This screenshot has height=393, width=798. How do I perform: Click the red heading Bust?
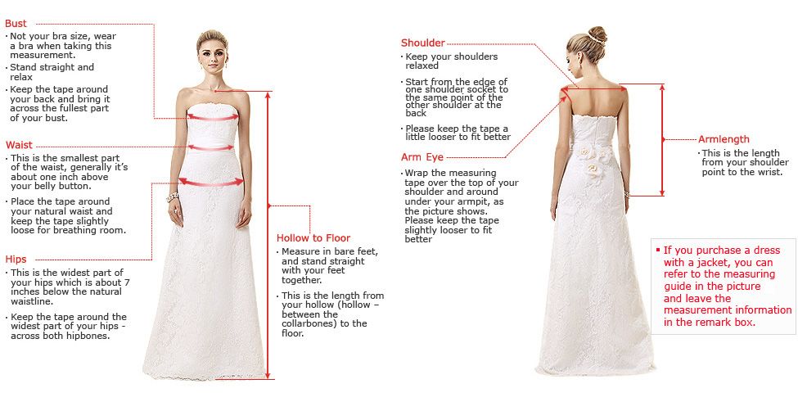point(16,24)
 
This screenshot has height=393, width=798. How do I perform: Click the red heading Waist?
point(19,145)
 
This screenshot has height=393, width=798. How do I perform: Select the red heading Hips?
point(16,260)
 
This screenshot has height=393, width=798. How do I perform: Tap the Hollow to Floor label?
point(313,238)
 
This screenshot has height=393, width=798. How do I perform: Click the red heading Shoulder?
point(422,43)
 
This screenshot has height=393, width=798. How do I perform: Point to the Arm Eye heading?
point(422,156)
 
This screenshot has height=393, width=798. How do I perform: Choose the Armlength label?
point(724,139)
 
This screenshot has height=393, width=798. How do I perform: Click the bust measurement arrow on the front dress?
point(212,117)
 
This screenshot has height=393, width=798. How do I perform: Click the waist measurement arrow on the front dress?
point(212,147)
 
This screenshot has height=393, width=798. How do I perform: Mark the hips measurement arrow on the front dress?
point(211,183)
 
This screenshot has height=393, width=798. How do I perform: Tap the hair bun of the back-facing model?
point(597,34)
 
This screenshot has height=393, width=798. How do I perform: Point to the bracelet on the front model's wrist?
point(173,198)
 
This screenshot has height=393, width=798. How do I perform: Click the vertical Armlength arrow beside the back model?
point(662,139)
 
